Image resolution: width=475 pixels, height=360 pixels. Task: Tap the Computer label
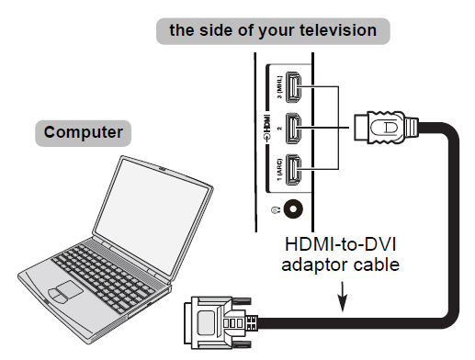(84, 132)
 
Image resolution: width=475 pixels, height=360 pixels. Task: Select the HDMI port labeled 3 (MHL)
(290, 88)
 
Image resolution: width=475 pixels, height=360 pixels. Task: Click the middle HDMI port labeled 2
(290, 129)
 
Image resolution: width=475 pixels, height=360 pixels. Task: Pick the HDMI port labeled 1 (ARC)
(290, 172)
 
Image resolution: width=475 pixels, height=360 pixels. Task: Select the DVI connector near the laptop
(217, 321)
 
